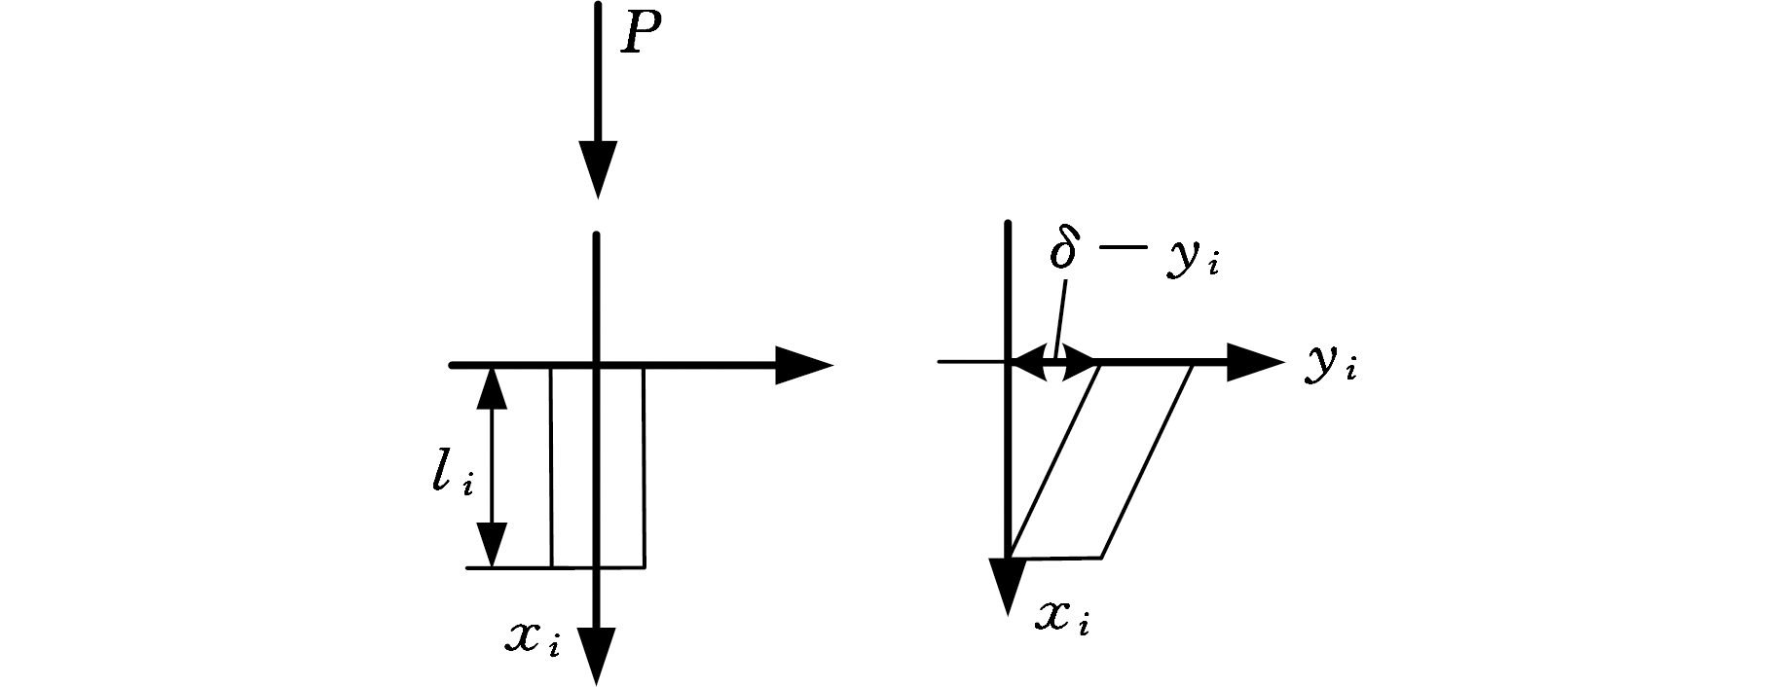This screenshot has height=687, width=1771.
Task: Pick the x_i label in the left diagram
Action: [x=533, y=638]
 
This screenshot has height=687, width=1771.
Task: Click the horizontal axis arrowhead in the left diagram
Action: [x=804, y=366]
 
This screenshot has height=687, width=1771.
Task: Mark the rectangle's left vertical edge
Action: [x=551, y=466]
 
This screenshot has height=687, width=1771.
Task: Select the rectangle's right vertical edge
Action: [x=644, y=466]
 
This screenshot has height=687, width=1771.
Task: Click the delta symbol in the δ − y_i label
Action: [x=1064, y=250]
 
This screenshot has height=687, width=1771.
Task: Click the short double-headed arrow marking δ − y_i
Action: [x=1054, y=364]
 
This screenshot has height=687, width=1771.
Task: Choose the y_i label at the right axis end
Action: [x=1331, y=366]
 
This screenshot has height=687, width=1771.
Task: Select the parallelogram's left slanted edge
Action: [x=1055, y=459]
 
